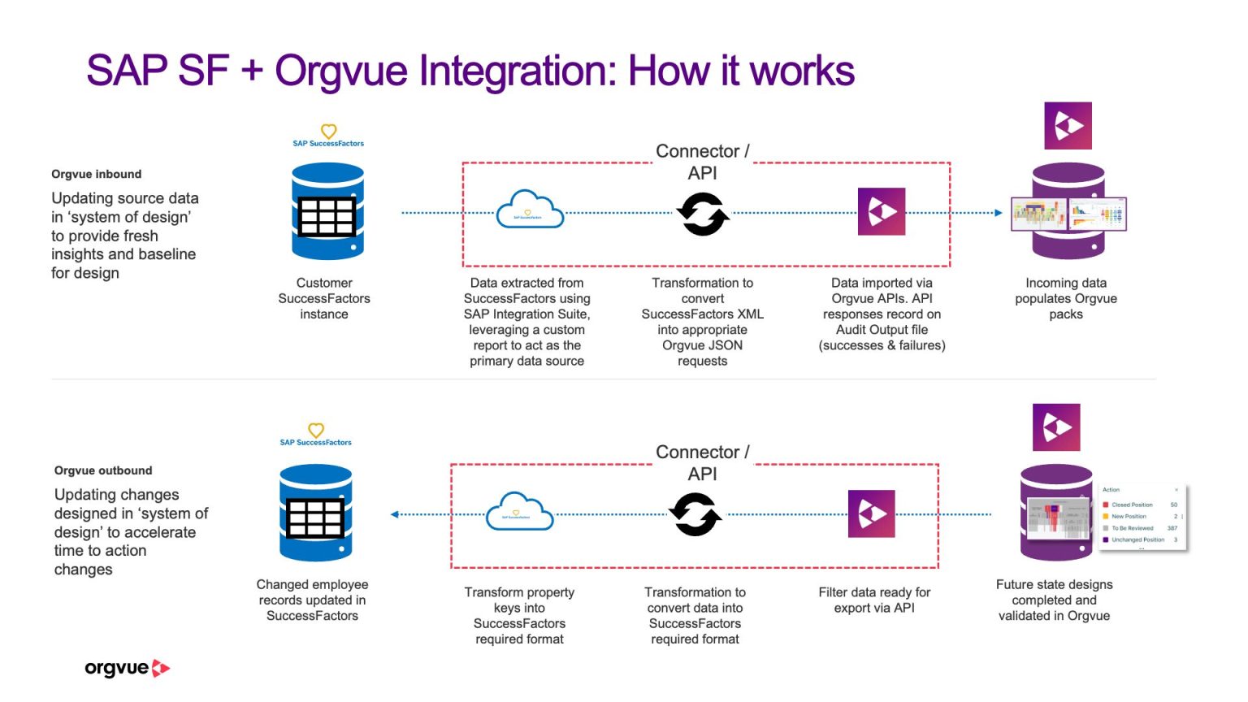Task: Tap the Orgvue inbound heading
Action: pos(96,174)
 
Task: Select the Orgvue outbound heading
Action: pos(103,470)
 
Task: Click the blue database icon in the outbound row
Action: pos(315,513)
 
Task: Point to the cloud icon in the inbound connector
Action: pos(530,210)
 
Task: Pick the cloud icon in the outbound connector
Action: pos(519,512)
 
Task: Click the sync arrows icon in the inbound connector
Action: pos(703,214)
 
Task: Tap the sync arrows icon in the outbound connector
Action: pos(695,514)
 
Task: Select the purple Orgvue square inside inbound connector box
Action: pos(882,212)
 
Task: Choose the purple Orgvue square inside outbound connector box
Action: pos(871,513)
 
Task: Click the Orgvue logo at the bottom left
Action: pos(127,669)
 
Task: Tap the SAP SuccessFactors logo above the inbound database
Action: pos(328,135)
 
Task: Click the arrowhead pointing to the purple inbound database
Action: pos(999,213)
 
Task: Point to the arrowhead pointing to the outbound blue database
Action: pos(395,514)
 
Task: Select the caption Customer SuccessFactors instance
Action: pos(324,298)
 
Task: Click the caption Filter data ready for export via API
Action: pos(874,600)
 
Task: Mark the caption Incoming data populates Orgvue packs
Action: pos(1065,298)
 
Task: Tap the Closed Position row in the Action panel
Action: pos(1137,505)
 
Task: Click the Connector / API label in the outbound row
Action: pos(702,462)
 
